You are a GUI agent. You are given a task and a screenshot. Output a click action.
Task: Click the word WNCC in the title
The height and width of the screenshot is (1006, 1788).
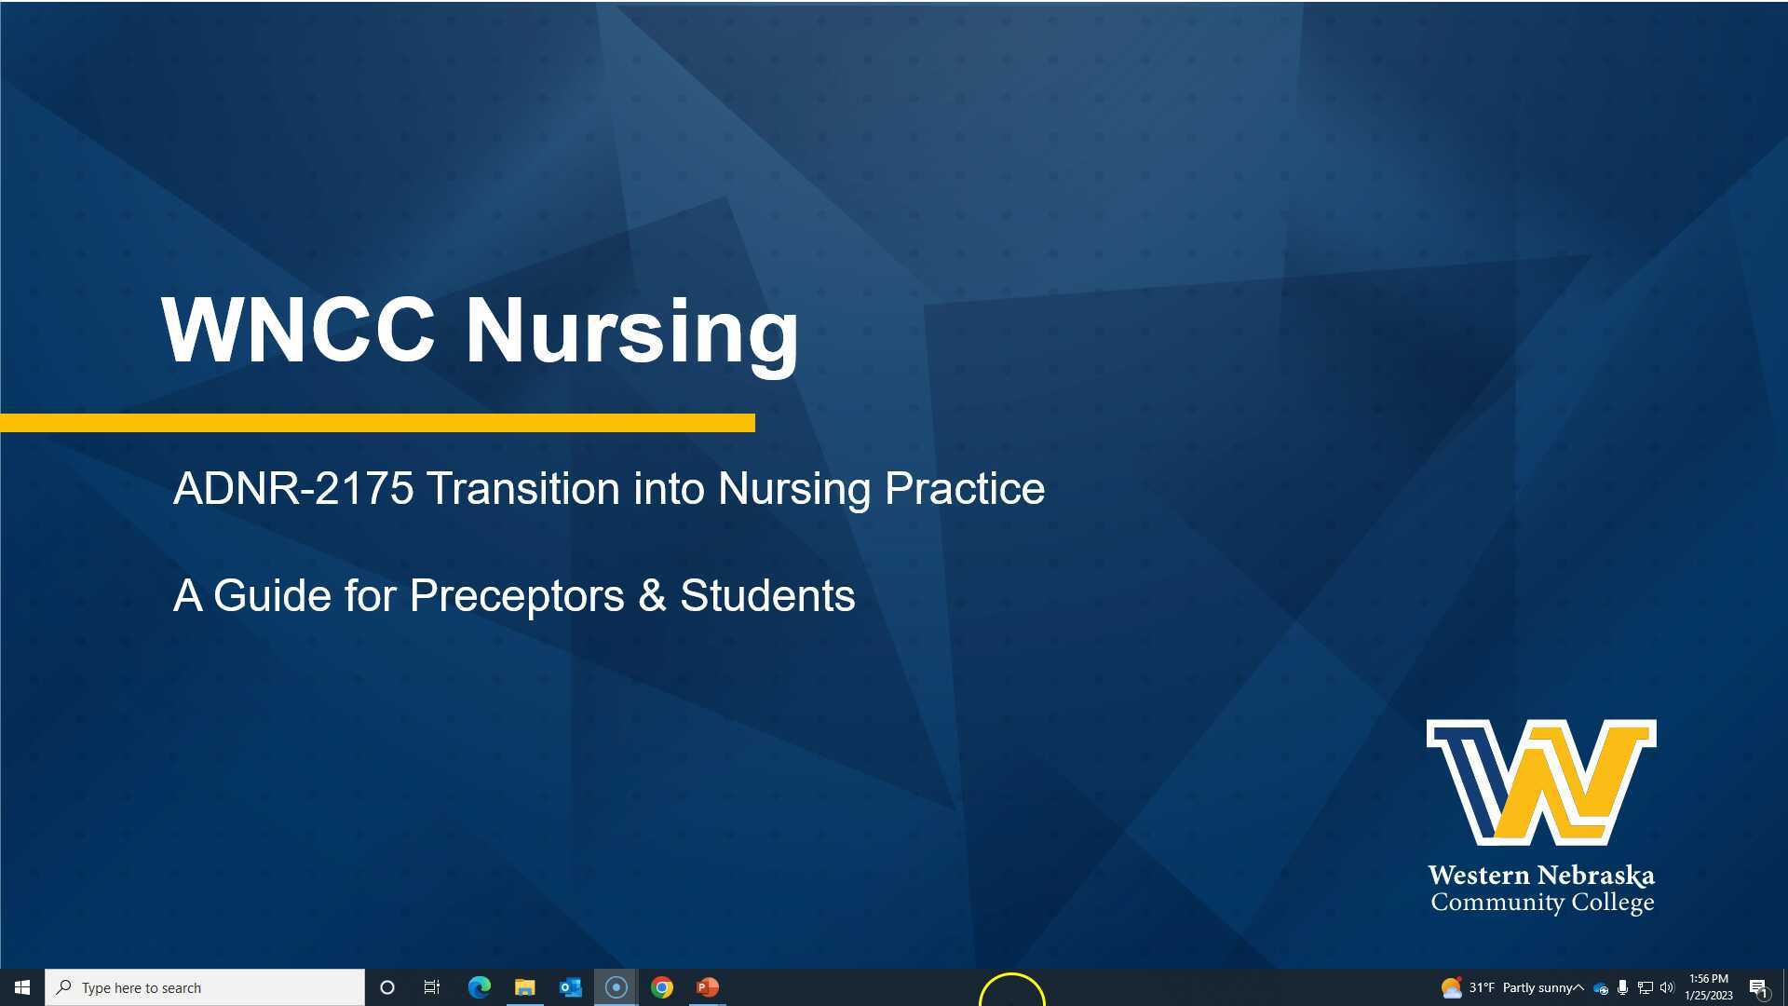pyautogui.click(x=298, y=330)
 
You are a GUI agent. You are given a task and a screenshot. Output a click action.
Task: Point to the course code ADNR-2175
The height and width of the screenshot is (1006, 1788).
pyautogui.click(x=293, y=488)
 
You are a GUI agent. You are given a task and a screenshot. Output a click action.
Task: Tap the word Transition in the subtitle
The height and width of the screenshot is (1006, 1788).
pyautogui.click(x=522, y=488)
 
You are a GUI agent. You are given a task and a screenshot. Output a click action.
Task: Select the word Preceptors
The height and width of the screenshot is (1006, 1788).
pyautogui.click(x=517, y=596)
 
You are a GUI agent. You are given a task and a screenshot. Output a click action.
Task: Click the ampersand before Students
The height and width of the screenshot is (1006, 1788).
pyautogui.click(x=652, y=596)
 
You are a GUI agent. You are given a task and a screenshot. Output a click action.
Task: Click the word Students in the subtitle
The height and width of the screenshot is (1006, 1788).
pyautogui.click(x=767, y=596)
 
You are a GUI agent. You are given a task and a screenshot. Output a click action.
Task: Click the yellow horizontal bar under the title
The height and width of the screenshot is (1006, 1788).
pyautogui.click(x=377, y=423)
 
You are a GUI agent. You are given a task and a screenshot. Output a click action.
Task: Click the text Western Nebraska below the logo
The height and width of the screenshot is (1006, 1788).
pyautogui.click(x=1541, y=876)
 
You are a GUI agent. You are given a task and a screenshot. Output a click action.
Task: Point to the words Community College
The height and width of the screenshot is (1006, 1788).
pyautogui.click(x=1542, y=903)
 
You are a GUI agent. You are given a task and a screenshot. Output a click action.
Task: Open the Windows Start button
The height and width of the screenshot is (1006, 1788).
pyautogui.click(x=22, y=987)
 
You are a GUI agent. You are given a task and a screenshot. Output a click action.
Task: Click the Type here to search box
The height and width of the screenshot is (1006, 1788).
pyautogui.click(x=205, y=987)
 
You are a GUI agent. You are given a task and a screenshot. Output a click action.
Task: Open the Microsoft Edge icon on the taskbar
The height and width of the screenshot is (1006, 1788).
pyautogui.click(x=479, y=987)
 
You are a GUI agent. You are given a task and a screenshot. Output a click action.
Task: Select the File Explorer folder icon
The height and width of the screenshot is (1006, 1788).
pyautogui.click(x=524, y=987)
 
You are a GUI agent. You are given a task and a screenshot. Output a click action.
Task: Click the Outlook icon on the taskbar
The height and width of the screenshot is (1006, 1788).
pyautogui.click(x=570, y=987)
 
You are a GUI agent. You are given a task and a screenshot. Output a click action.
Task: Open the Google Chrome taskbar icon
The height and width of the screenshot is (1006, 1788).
pyautogui.click(x=662, y=987)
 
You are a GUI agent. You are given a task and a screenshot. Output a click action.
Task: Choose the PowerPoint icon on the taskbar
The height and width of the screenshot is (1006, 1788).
pyautogui.click(x=708, y=987)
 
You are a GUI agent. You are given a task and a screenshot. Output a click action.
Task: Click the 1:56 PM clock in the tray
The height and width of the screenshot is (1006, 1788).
pyautogui.click(x=1708, y=979)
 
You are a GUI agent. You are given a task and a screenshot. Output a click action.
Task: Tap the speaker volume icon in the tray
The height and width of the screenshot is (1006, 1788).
pyautogui.click(x=1667, y=987)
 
